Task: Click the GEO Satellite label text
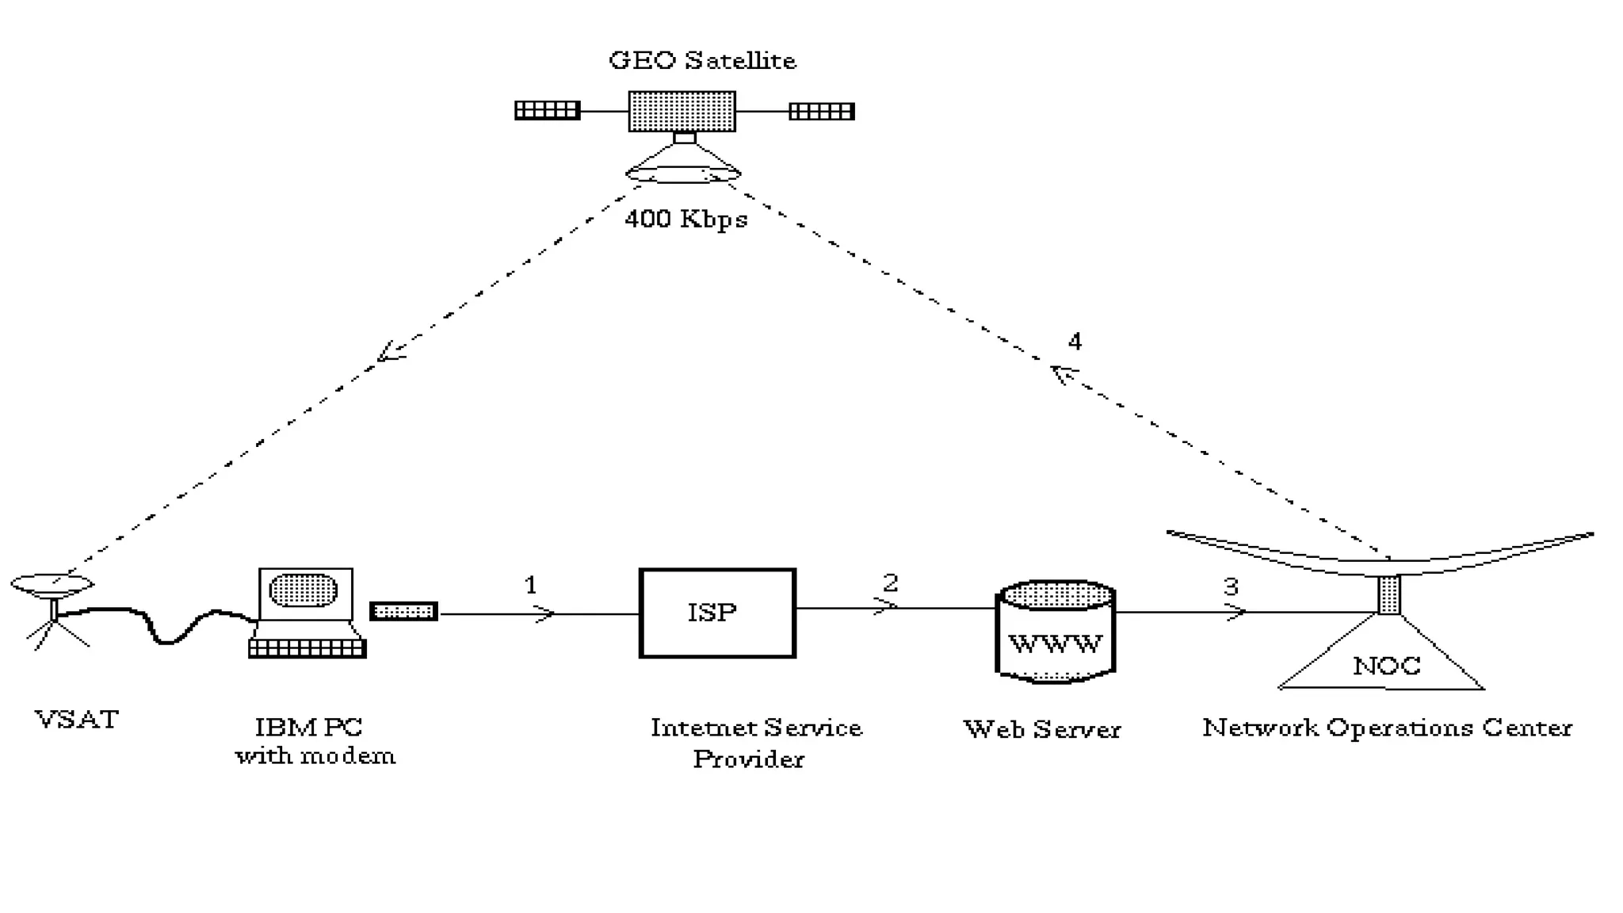click(x=702, y=61)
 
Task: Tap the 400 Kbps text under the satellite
click(x=686, y=219)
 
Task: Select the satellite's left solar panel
click(x=547, y=110)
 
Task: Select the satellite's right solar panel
click(x=822, y=111)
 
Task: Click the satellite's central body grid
click(x=682, y=112)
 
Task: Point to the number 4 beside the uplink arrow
click(x=1075, y=342)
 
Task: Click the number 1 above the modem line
click(x=531, y=586)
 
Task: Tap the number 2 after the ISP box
click(x=890, y=583)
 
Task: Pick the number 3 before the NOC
click(x=1231, y=587)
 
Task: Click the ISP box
click(x=717, y=613)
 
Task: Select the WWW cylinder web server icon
click(x=1055, y=632)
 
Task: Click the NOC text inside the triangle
click(x=1386, y=666)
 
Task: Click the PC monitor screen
click(x=304, y=590)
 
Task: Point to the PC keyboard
click(x=307, y=648)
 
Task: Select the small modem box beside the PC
click(x=404, y=612)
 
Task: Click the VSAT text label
click(x=77, y=720)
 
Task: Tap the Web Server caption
click(x=1041, y=729)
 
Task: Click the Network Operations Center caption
click(x=1387, y=728)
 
